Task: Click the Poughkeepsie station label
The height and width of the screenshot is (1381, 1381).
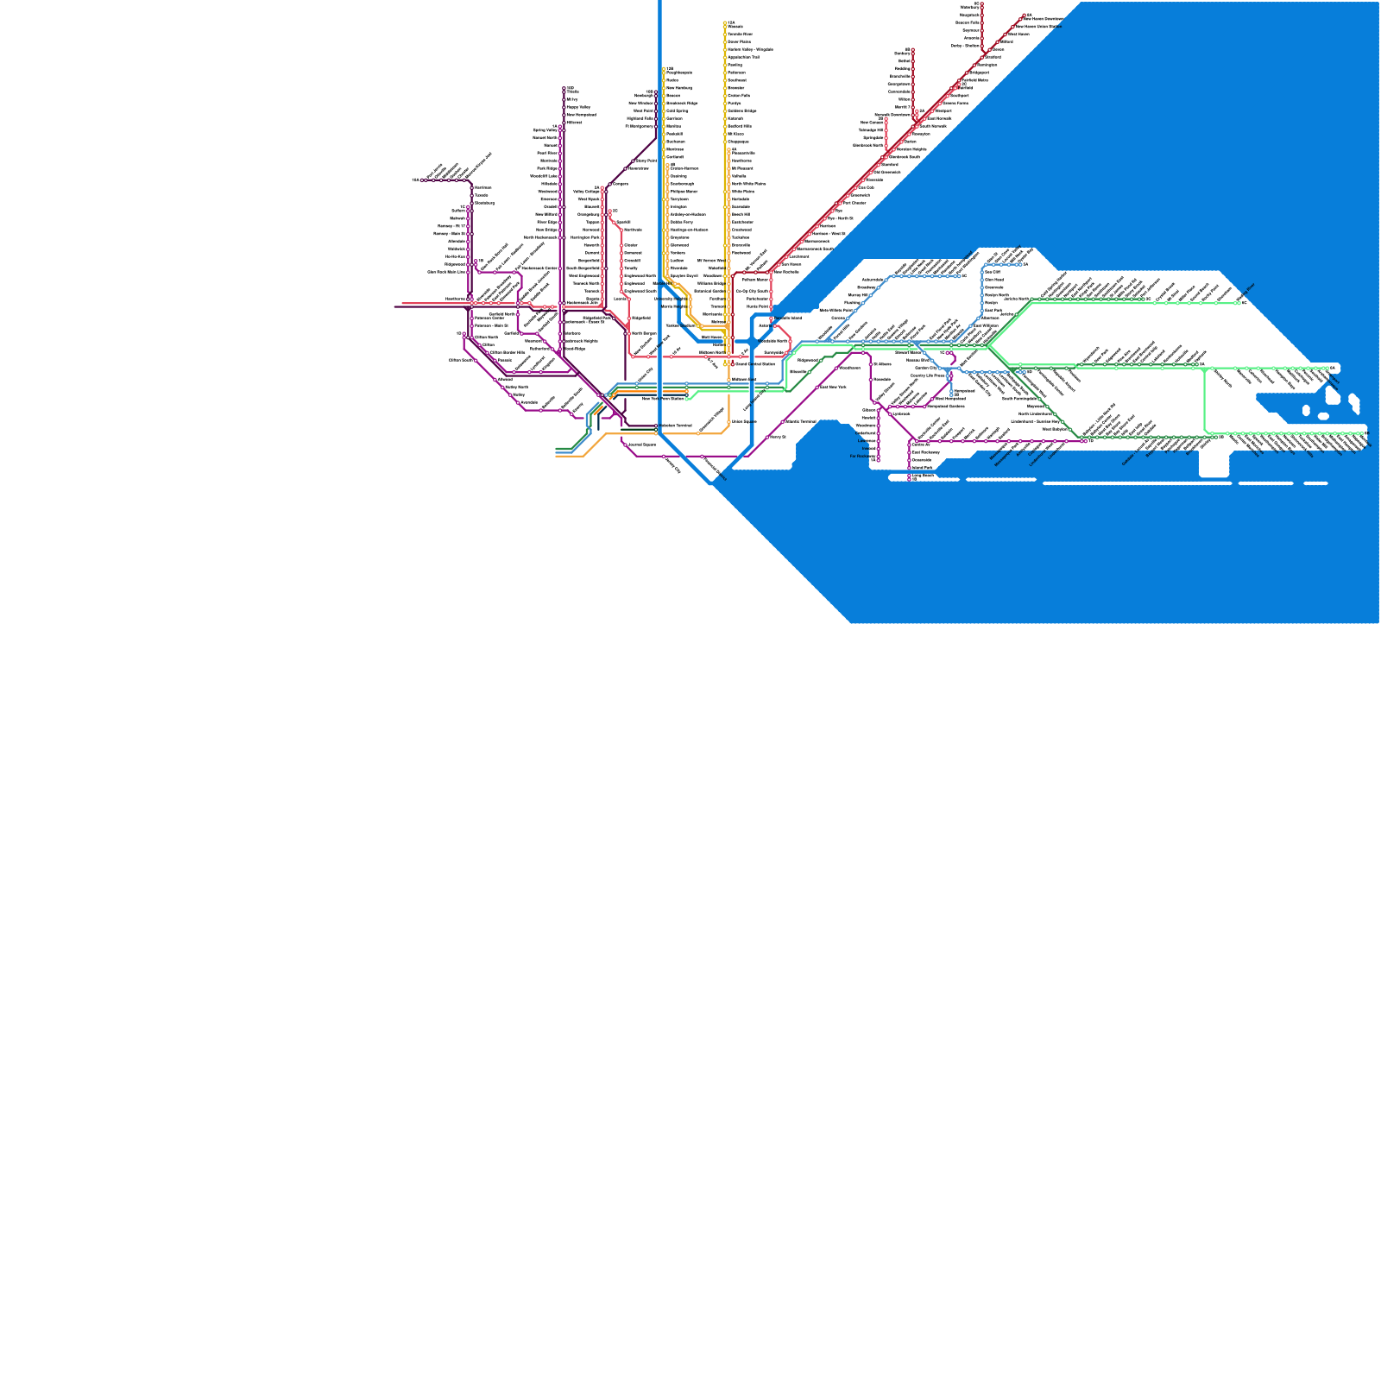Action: (x=678, y=73)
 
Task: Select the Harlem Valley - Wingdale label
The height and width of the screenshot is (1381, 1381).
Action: (x=749, y=49)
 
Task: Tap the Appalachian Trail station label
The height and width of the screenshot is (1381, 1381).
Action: (x=743, y=57)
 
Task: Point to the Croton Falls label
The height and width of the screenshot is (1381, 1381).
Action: (x=738, y=96)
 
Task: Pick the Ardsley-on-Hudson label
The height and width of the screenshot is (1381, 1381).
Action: (x=688, y=214)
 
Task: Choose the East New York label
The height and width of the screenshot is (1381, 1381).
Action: (x=832, y=387)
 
